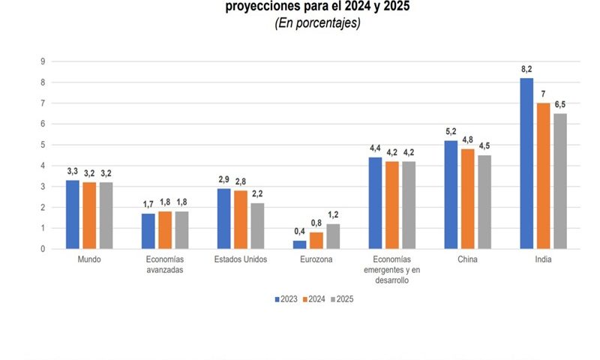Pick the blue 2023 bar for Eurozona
point(299,244)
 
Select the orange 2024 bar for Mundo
point(89,215)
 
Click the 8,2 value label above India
point(526,70)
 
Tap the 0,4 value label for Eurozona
point(299,232)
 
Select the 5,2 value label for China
point(451,132)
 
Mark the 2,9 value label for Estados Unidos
point(224,180)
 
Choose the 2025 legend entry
point(341,298)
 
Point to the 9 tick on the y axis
point(43,61)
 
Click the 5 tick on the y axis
point(43,145)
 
